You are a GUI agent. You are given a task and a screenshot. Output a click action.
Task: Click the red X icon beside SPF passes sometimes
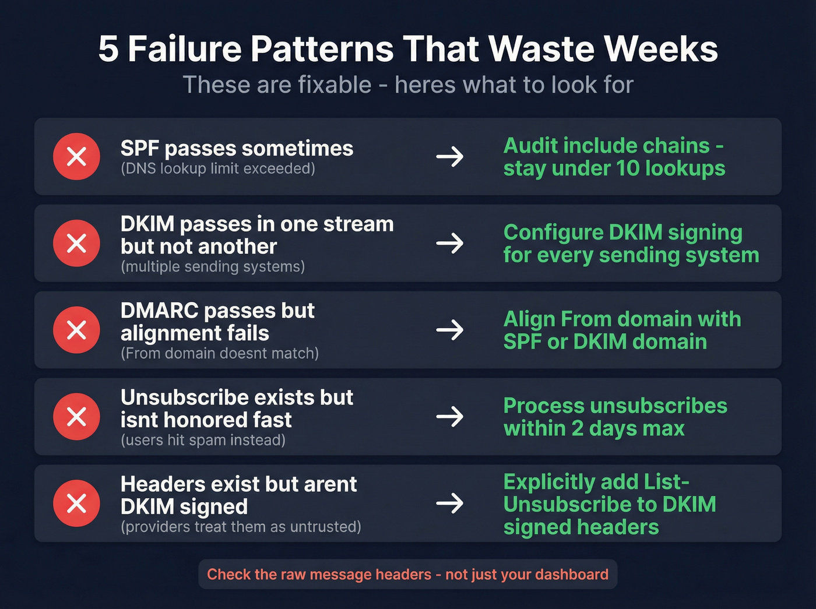76,156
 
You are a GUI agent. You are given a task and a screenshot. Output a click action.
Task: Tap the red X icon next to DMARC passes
76,330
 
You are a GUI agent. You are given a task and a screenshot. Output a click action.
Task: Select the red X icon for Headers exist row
76,503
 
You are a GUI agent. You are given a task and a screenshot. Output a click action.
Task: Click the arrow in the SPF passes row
450,156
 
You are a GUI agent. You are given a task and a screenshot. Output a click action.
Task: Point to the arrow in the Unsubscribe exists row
450,416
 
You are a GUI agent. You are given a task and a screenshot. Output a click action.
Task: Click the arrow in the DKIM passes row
450,243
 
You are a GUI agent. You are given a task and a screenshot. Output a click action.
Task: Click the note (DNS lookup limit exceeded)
217,169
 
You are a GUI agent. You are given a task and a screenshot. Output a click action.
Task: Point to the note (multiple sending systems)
213,267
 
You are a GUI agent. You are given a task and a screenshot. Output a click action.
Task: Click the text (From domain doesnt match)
220,354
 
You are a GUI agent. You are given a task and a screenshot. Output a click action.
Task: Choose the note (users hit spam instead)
203,440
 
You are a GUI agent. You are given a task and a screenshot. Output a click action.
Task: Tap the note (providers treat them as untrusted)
241,527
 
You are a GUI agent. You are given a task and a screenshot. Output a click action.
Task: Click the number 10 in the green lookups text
628,168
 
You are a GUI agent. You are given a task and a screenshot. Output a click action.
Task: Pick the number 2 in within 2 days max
577,428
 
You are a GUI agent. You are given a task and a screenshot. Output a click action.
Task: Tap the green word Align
529,319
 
